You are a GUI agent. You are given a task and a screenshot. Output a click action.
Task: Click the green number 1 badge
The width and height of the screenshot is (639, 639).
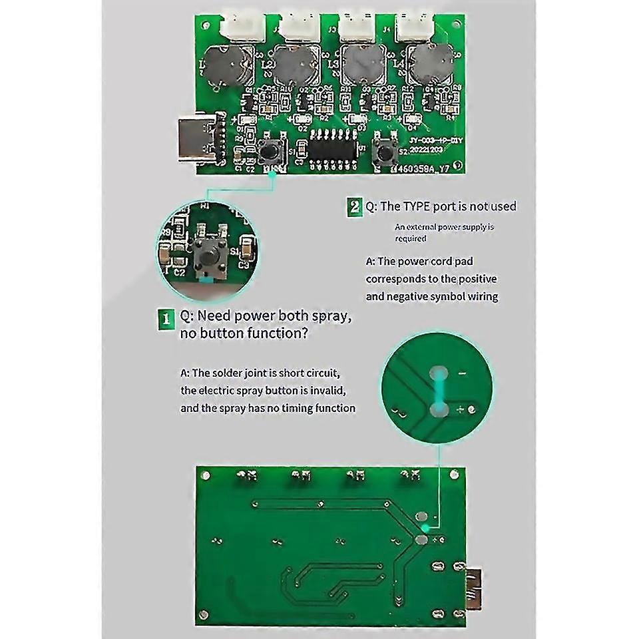pos(164,316)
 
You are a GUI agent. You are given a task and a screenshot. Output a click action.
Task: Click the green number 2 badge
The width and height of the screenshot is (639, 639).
pos(355,206)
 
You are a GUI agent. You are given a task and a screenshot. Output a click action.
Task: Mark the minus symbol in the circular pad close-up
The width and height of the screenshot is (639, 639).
pos(462,374)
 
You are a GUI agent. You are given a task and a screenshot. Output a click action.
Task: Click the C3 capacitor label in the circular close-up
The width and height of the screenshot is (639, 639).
pos(244,264)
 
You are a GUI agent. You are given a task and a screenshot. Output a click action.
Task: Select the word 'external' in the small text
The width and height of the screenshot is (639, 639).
pos(424,227)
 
